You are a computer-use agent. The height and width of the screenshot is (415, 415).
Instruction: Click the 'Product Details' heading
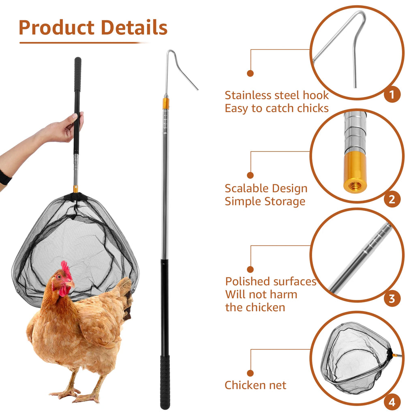(93, 28)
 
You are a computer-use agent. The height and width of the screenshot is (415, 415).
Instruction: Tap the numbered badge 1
(391, 94)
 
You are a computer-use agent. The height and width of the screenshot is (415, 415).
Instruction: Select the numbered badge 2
(391, 199)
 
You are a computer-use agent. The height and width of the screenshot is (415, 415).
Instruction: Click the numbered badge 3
(391, 299)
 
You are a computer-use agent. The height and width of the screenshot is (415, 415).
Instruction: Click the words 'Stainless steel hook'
(277, 95)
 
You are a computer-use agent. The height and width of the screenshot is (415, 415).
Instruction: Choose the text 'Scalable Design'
(266, 188)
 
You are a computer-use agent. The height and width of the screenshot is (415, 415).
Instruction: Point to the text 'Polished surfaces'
(271, 281)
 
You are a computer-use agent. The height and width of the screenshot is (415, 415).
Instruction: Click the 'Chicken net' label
(255, 385)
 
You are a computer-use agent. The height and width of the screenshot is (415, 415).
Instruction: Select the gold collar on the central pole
(165, 103)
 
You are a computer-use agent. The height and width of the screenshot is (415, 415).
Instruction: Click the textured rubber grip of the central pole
(165, 381)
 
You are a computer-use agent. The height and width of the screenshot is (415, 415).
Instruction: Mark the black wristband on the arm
(5, 178)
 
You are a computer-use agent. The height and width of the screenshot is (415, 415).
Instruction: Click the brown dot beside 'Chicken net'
(250, 372)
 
